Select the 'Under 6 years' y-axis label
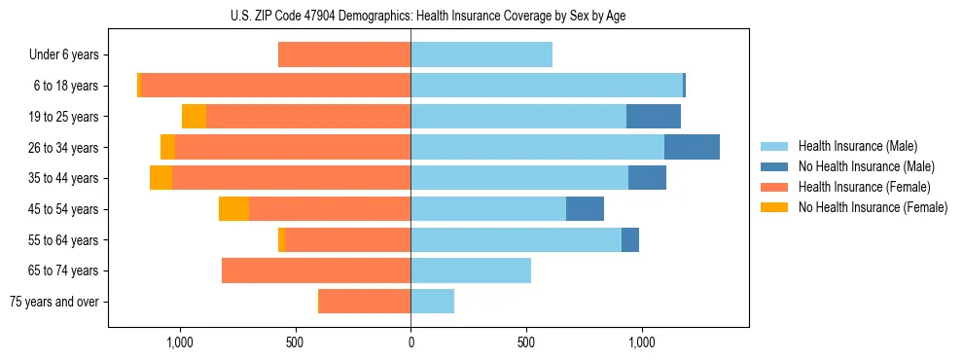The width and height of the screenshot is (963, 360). pos(64,54)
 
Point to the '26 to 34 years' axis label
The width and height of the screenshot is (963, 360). pos(63,147)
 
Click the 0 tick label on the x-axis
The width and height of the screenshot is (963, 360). pos(410,342)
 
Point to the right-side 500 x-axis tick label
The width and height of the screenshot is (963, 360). pos(526,342)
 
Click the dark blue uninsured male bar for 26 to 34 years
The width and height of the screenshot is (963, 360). pos(692,147)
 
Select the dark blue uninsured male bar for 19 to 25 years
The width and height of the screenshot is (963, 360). pos(654,117)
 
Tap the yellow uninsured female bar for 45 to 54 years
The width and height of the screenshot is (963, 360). pos(233,209)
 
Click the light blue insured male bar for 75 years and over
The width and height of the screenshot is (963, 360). pos(433,302)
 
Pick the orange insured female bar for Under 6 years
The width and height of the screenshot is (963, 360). pos(344,54)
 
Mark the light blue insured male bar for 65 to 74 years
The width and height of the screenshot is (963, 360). pos(471,270)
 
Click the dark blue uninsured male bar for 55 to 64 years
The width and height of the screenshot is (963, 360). pos(630,239)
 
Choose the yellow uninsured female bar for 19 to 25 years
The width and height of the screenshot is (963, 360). pos(194,117)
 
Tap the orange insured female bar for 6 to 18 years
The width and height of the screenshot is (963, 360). pos(276,86)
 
